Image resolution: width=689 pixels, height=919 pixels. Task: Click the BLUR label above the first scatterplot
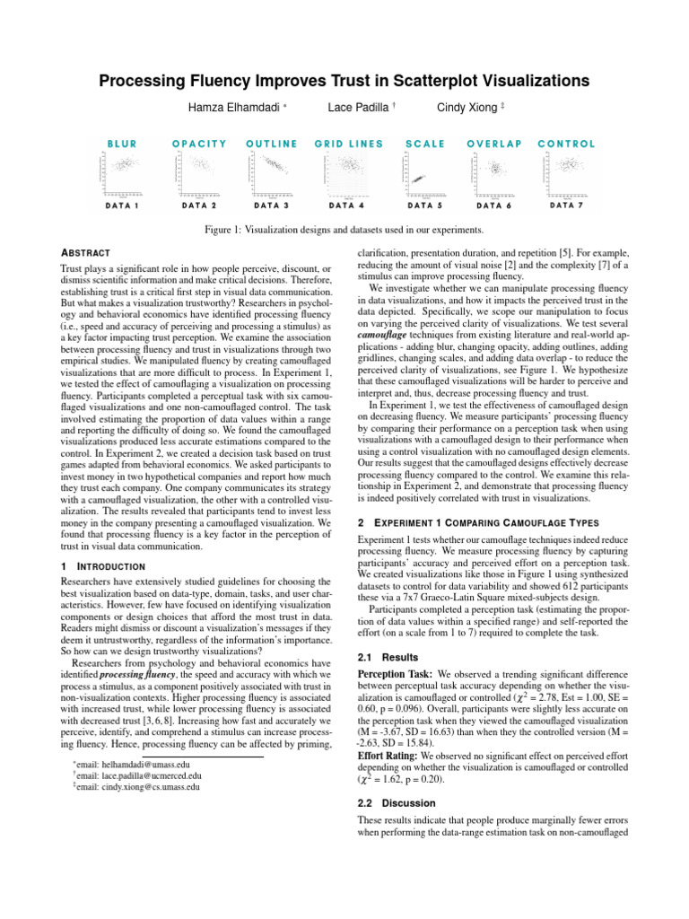[123, 144]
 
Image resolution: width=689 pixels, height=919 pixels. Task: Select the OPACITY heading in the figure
[198, 144]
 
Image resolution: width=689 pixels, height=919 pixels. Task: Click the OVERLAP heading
[494, 144]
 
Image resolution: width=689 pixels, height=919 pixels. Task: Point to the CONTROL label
[566, 144]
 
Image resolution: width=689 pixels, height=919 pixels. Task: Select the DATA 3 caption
[273, 206]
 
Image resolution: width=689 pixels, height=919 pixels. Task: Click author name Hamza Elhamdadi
[234, 108]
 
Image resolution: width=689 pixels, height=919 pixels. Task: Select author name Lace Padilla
[359, 108]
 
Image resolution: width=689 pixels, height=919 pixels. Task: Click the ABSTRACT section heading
[86, 253]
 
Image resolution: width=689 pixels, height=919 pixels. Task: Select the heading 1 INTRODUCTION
[102, 566]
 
